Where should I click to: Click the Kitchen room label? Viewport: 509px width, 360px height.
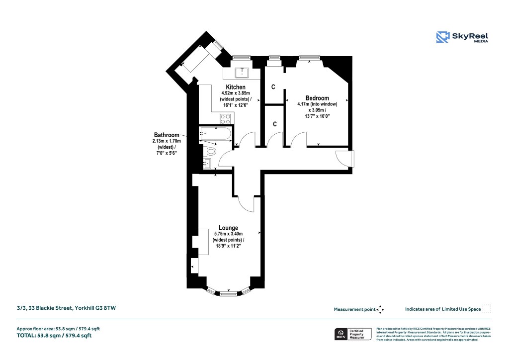coord(235,87)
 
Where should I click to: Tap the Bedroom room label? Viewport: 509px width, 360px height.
coord(317,98)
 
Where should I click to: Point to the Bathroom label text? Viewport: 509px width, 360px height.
coord(166,135)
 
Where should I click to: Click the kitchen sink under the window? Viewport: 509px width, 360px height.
coord(242,73)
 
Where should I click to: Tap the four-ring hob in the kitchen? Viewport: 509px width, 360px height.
coord(225,119)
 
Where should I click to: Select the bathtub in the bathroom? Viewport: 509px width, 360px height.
coord(215,134)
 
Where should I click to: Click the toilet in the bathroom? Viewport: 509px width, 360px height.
coord(210,151)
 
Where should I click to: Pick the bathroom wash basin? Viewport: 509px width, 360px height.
coord(207,164)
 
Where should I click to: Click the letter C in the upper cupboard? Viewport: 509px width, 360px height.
coord(273,87)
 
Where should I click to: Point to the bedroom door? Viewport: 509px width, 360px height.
coord(299,140)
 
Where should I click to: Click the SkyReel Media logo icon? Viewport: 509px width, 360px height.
coord(443,37)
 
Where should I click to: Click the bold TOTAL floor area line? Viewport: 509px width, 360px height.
coord(54,336)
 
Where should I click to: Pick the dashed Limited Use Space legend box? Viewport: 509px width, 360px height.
coord(487,309)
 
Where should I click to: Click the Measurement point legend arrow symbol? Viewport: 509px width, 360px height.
coord(380,309)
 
